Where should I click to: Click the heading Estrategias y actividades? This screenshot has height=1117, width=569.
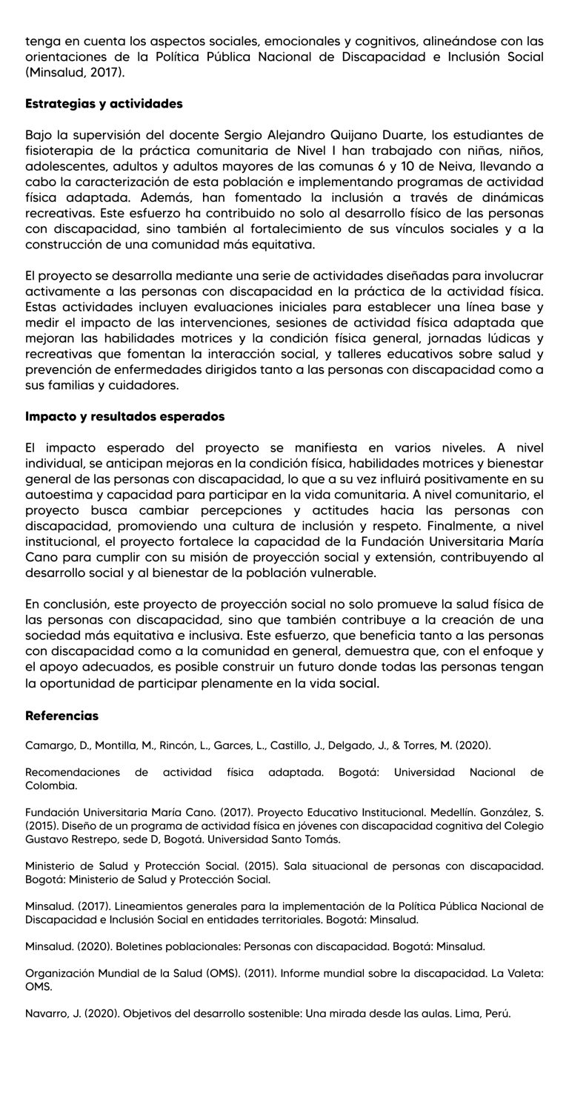tap(104, 104)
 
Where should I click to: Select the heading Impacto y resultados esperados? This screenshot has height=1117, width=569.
tap(124, 416)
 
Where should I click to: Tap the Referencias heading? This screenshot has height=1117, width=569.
tap(61, 716)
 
